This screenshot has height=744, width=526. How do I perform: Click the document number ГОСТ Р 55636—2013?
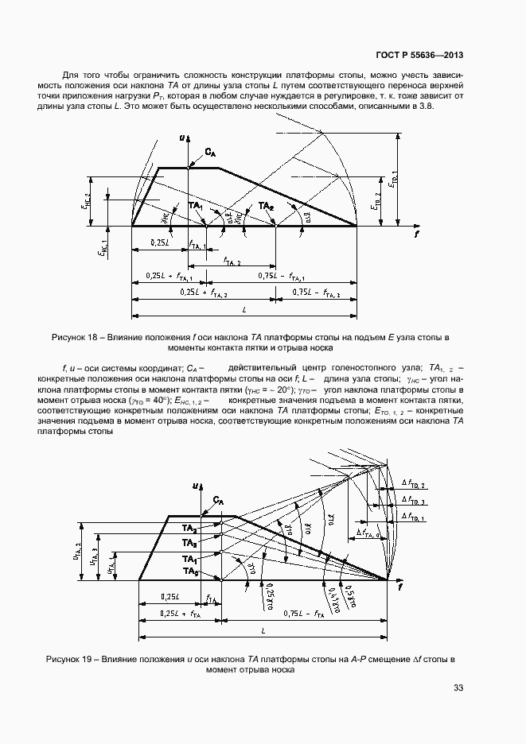click(x=419, y=55)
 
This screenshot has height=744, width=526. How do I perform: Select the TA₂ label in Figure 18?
click(x=266, y=206)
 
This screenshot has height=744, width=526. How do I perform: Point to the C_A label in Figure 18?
click(x=210, y=151)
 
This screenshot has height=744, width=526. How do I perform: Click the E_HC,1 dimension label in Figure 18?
click(x=102, y=246)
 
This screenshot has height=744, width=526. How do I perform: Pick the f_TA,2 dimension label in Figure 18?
click(x=232, y=261)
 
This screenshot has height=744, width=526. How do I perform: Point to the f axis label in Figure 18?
click(x=415, y=236)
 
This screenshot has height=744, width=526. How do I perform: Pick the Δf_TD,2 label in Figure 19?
click(x=414, y=484)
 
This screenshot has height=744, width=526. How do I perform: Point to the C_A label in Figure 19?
click(x=219, y=500)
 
